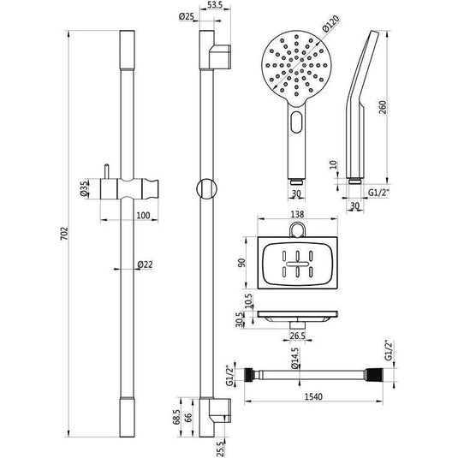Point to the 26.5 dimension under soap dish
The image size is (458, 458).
(296, 335)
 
